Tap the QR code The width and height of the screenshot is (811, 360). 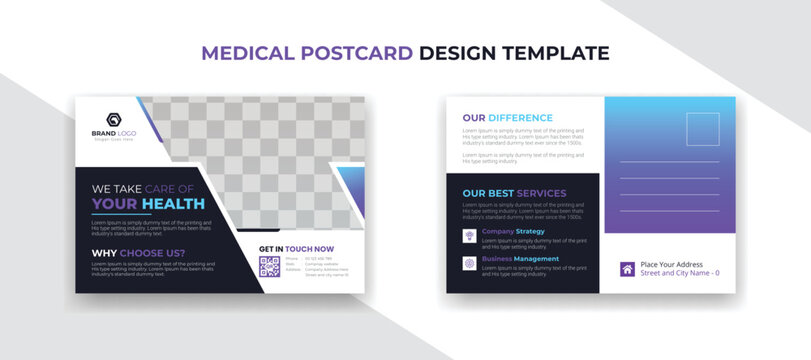coord(269,267)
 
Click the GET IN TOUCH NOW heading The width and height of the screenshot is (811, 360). coord(296,249)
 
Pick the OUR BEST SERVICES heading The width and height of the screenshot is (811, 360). coord(513,193)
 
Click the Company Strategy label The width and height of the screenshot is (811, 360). coord(513,232)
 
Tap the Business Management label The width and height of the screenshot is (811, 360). coord(520,259)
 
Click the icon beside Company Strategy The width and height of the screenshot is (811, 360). coord(468,236)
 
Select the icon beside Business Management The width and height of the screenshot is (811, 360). coord(468,263)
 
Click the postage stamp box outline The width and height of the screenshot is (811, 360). coord(702,129)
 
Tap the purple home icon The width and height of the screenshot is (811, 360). coord(627,268)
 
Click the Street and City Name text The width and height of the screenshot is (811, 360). coord(679,273)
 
